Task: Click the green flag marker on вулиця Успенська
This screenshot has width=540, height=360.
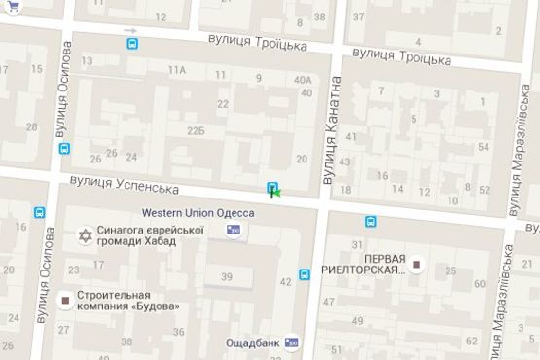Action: (277, 194)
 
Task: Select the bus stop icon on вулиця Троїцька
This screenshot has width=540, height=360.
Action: (132, 43)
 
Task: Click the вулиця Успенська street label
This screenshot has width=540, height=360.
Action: (125, 184)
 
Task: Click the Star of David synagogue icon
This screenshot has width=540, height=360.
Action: (85, 235)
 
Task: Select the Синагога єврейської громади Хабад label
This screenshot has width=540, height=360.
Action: (150, 234)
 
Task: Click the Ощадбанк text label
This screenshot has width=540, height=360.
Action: (252, 342)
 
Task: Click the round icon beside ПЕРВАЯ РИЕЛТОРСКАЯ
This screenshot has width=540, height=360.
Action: (417, 264)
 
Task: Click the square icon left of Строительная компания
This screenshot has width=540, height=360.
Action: (65, 301)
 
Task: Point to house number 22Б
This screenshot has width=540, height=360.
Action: (197, 130)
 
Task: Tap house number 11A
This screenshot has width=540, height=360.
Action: (176, 70)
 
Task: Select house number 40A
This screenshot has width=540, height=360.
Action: (303, 80)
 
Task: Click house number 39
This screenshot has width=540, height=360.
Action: (227, 277)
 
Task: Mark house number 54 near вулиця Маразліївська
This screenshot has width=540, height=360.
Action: (484, 147)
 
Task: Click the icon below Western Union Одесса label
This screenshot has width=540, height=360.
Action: (233, 230)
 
